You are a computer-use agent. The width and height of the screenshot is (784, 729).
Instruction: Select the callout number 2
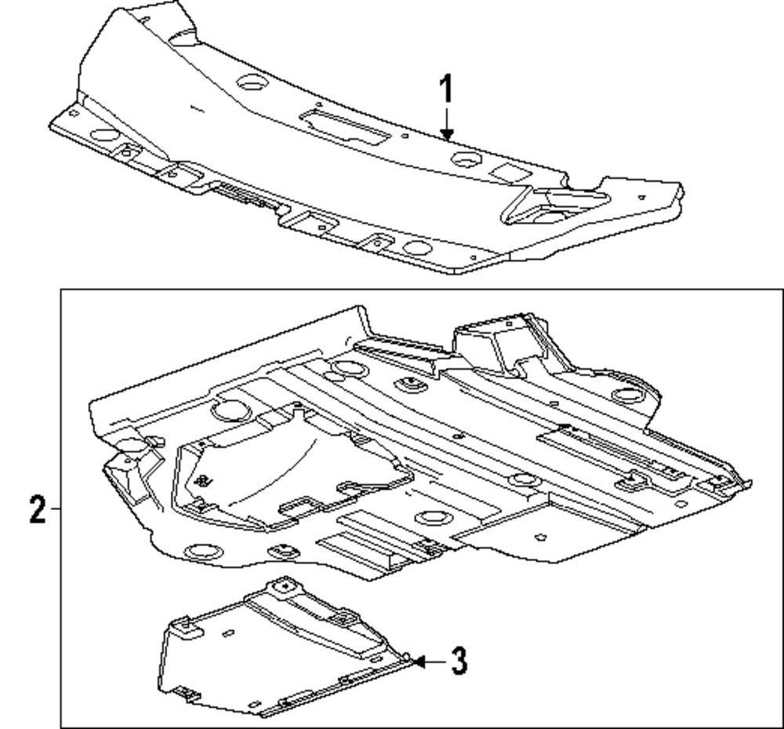(x=36, y=510)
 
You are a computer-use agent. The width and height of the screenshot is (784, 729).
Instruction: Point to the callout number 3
(x=459, y=661)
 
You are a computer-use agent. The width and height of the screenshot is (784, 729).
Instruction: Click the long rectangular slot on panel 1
(x=346, y=128)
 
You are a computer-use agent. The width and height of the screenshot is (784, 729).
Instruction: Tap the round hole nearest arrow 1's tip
(x=466, y=160)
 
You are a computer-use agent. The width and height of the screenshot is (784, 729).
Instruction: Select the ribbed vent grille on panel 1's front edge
(x=243, y=194)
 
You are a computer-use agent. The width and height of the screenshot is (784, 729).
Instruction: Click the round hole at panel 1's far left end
(x=103, y=134)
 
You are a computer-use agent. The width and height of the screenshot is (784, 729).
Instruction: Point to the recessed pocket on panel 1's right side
(x=553, y=206)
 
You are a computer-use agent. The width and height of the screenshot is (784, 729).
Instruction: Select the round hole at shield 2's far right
(x=627, y=394)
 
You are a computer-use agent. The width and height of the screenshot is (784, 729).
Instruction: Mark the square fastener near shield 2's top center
(x=408, y=384)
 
